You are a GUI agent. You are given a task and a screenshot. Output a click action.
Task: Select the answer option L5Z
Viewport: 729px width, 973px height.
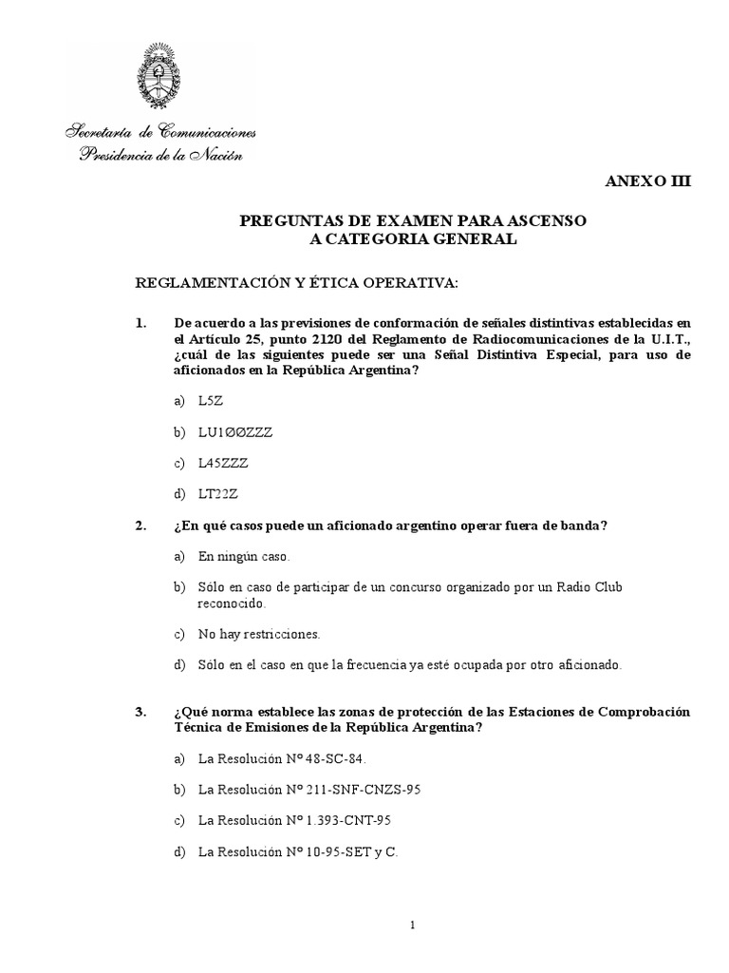pos(210,402)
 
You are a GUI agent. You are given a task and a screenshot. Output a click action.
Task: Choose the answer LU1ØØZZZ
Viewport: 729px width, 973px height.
pos(234,432)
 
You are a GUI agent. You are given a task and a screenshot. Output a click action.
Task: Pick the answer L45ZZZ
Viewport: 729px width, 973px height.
pos(223,464)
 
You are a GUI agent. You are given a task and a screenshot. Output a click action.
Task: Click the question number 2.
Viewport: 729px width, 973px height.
pos(140,525)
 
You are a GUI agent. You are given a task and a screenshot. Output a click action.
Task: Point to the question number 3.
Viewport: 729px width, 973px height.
pos(140,712)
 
